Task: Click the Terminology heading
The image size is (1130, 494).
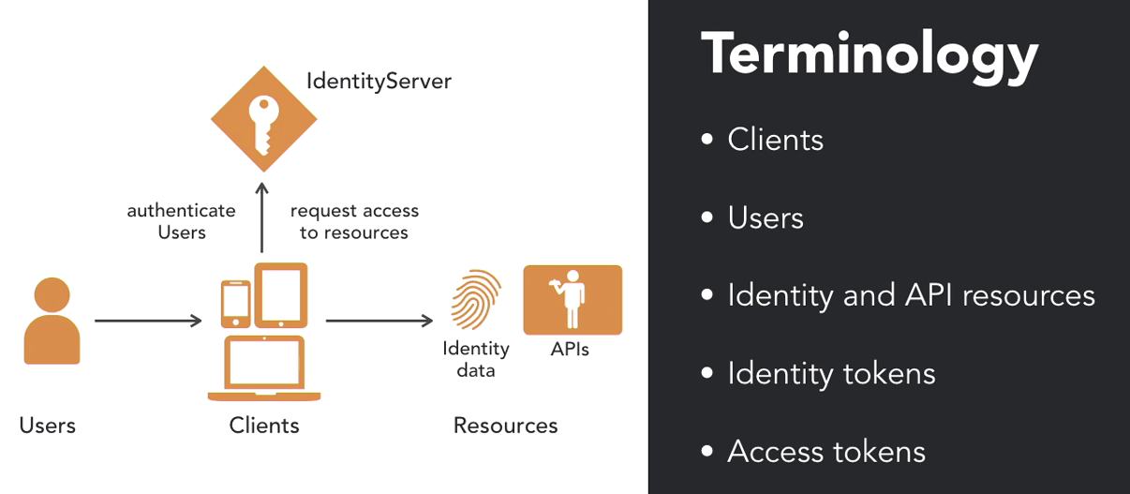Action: coord(869,55)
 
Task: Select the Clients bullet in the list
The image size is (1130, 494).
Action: coord(775,140)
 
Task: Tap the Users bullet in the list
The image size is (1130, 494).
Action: coord(766,218)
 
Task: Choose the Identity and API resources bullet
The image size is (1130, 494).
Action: coord(911,295)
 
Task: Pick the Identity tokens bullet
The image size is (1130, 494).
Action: coord(831,374)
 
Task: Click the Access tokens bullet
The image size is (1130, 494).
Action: coord(826,452)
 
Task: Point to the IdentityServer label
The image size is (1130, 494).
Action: coord(379,82)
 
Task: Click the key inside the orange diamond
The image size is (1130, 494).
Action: coord(263,123)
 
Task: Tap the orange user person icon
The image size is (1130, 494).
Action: coord(52,321)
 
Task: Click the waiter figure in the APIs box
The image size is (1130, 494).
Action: coord(570,299)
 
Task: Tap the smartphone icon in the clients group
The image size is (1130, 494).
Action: coord(235,302)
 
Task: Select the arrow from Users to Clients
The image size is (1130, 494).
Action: coord(148,322)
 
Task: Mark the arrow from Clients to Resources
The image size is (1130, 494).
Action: coord(379,322)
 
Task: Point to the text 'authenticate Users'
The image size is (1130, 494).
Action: coord(181,221)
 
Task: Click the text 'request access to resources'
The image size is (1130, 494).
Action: coord(354,221)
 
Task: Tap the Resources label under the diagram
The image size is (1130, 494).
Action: coord(505,426)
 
